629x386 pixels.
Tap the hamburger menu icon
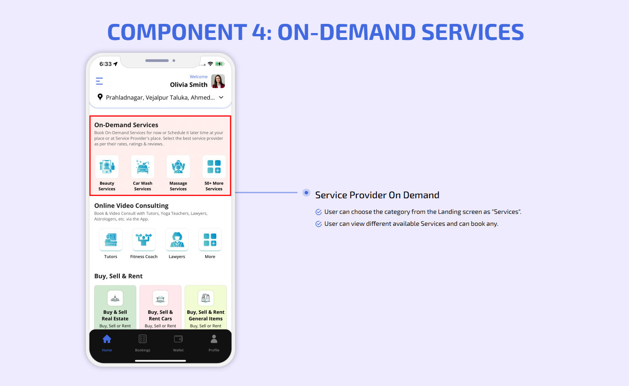point(99,81)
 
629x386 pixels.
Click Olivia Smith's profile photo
point(218,81)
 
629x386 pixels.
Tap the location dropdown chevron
point(221,97)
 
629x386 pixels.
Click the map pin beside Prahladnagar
point(100,97)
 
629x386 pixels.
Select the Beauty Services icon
point(107,167)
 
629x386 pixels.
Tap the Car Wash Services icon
point(143,167)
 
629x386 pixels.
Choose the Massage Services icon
point(178,167)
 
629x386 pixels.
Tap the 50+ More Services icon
point(214,167)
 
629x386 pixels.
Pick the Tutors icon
point(111,240)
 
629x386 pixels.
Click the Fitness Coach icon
point(144,240)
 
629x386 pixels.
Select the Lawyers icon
point(177,240)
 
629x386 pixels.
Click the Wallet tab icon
point(178,339)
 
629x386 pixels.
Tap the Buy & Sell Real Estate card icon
point(115,298)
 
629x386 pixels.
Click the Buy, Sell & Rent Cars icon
point(160,298)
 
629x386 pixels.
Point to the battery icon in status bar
point(219,64)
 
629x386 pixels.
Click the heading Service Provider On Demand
point(377,195)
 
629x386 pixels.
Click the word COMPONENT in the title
point(177,32)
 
